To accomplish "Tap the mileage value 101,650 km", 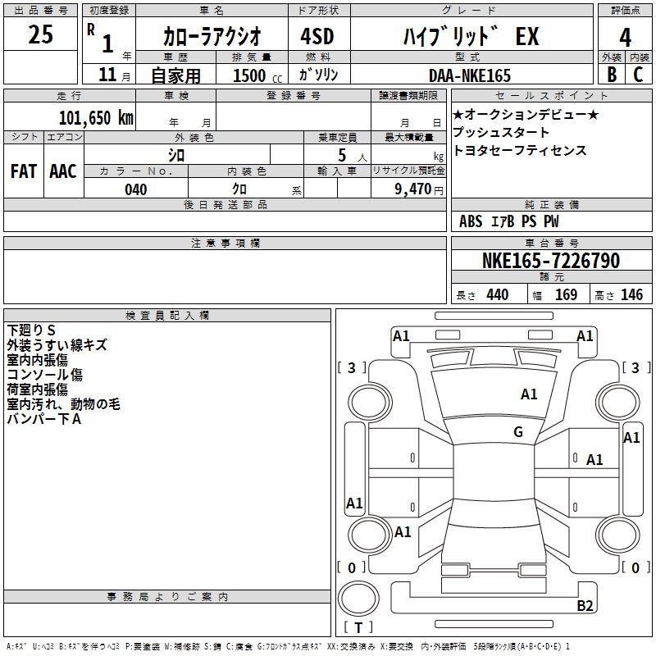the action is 96,117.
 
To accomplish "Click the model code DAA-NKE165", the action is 470,75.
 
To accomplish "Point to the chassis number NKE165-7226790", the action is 551,261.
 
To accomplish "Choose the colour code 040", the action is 135,189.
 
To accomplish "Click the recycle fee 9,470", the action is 412,189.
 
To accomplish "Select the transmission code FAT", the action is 23,171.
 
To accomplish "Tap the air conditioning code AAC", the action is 62,171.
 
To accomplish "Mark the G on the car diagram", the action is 518,432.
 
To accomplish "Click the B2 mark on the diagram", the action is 585,606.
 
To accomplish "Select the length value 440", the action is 497,295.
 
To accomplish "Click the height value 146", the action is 631,295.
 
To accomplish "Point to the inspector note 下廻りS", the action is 31,330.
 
